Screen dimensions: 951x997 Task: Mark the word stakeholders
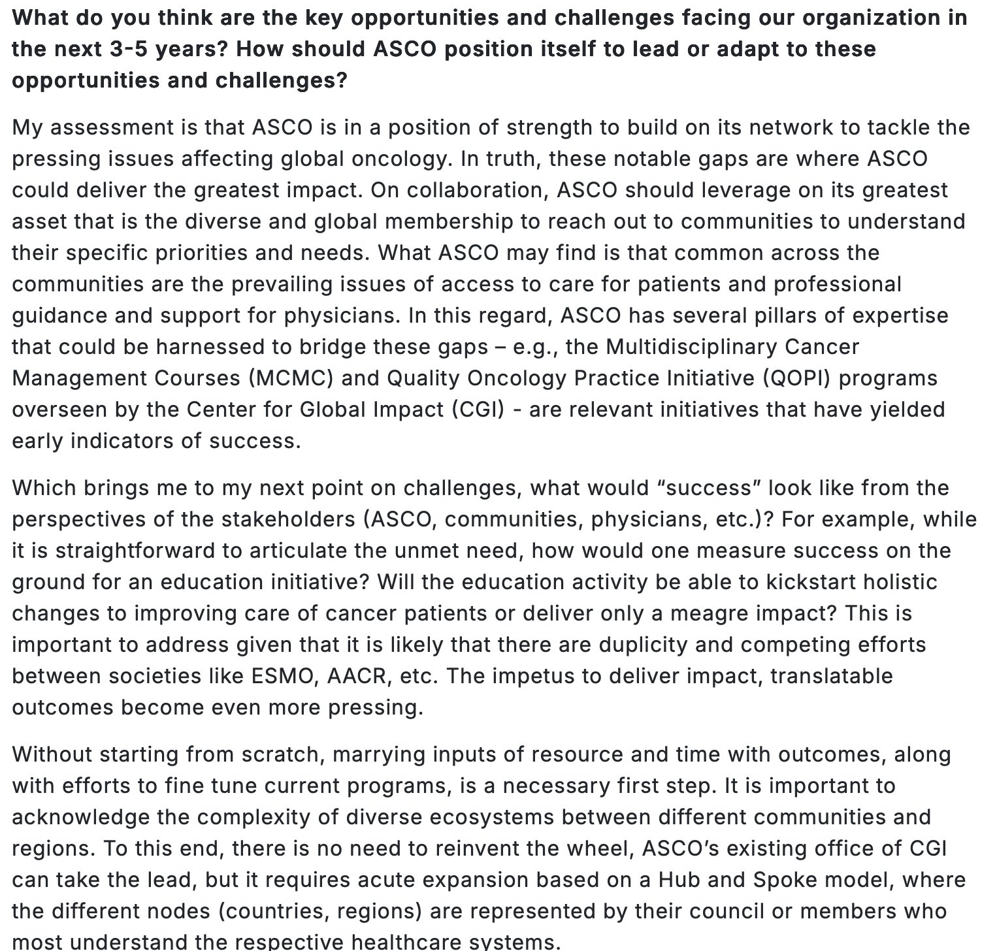pos(288,519)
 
